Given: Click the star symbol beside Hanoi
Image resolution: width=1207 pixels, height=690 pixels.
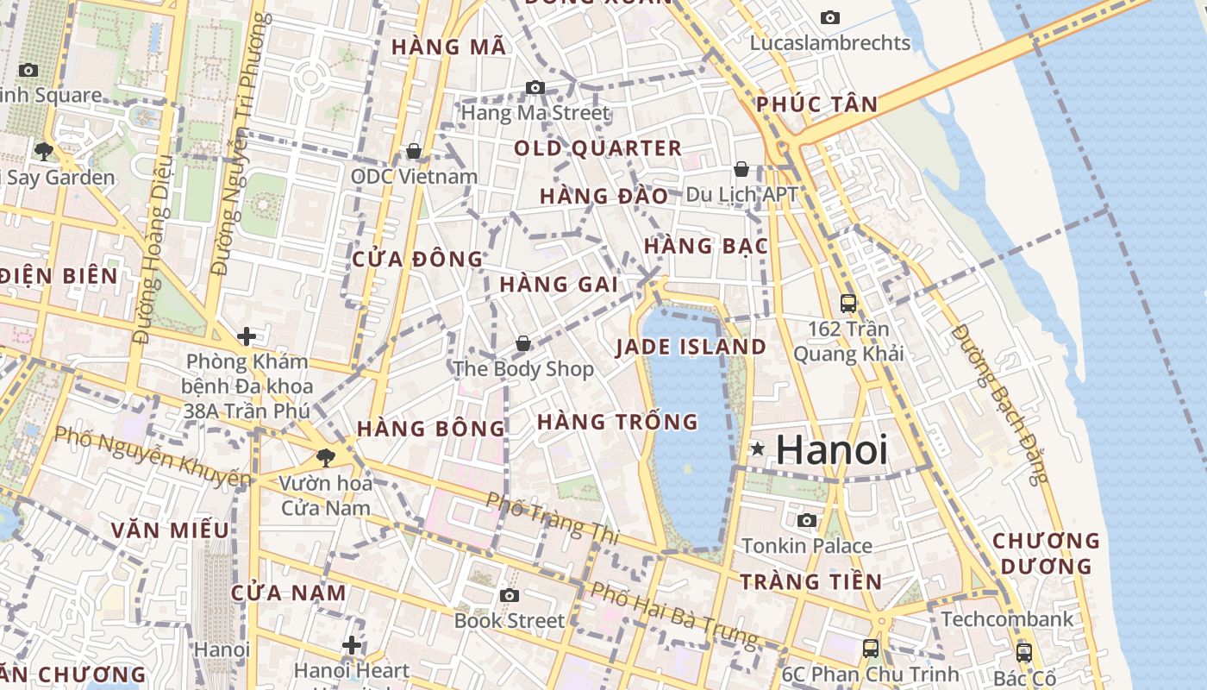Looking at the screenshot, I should pyautogui.click(x=758, y=448).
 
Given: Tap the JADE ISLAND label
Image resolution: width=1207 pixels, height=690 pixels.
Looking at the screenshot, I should pyautogui.click(x=691, y=348).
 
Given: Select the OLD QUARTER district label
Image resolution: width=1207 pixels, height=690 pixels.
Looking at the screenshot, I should pyautogui.click(x=598, y=148).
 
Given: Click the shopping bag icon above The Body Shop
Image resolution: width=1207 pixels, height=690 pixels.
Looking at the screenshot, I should pyautogui.click(x=523, y=344).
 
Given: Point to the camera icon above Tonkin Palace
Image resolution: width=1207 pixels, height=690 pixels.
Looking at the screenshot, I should pyautogui.click(x=807, y=520).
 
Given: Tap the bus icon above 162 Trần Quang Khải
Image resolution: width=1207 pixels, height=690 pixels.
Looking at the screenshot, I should pyautogui.click(x=848, y=303).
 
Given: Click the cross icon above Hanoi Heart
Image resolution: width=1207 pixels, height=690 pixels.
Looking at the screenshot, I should pyautogui.click(x=352, y=644).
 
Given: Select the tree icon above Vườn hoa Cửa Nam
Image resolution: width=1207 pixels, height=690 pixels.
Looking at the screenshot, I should pyautogui.click(x=326, y=457).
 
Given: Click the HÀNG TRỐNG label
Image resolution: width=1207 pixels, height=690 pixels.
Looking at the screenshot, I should pyautogui.click(x=617, y=422).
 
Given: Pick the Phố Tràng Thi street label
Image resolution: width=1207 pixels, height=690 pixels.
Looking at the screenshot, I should pyautogui.click(x=553, y=518).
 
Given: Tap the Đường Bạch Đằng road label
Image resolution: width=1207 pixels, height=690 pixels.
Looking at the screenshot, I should pyautogui.click(x=1001, y=405).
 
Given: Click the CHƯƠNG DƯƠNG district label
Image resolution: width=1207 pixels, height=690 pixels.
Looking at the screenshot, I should pyautogui.click(x=1047, y=554).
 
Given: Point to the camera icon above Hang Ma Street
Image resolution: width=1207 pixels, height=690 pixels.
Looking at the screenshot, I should pyautogui.click(x=535, y=87).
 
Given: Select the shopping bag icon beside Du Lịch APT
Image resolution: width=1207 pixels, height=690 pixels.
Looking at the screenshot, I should pyautogui.click(x=741, y=169).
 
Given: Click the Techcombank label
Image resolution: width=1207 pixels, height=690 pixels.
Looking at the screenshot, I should pyautogui.click(x=1008, y=619).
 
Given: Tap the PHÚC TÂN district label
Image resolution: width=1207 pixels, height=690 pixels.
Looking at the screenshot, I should pyautogui.click(x=817, y=105).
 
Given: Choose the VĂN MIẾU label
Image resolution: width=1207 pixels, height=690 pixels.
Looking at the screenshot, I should pyautogui.click(x=170, y=530).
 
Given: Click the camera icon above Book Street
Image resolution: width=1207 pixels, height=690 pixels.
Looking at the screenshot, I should pyautogui.click(x=510, y=595).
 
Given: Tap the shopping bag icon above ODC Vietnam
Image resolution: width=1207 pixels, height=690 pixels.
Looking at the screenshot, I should pyautogui.click(x=414, y=152).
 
